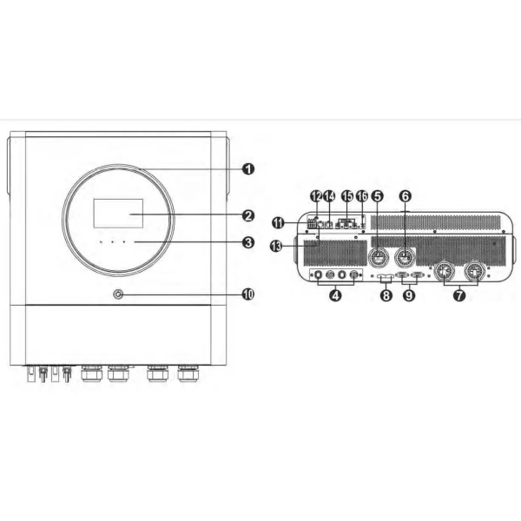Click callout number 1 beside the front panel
(248, 168)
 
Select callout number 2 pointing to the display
(248, 216)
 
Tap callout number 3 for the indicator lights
(248, 242)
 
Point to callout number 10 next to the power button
(248, 294)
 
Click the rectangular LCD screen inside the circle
(118, 214)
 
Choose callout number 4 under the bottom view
(335, 295)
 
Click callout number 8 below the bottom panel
(386, 295)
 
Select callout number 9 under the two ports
(409, 295)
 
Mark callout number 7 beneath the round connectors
(459, 295)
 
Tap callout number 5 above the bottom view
(377, 196)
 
